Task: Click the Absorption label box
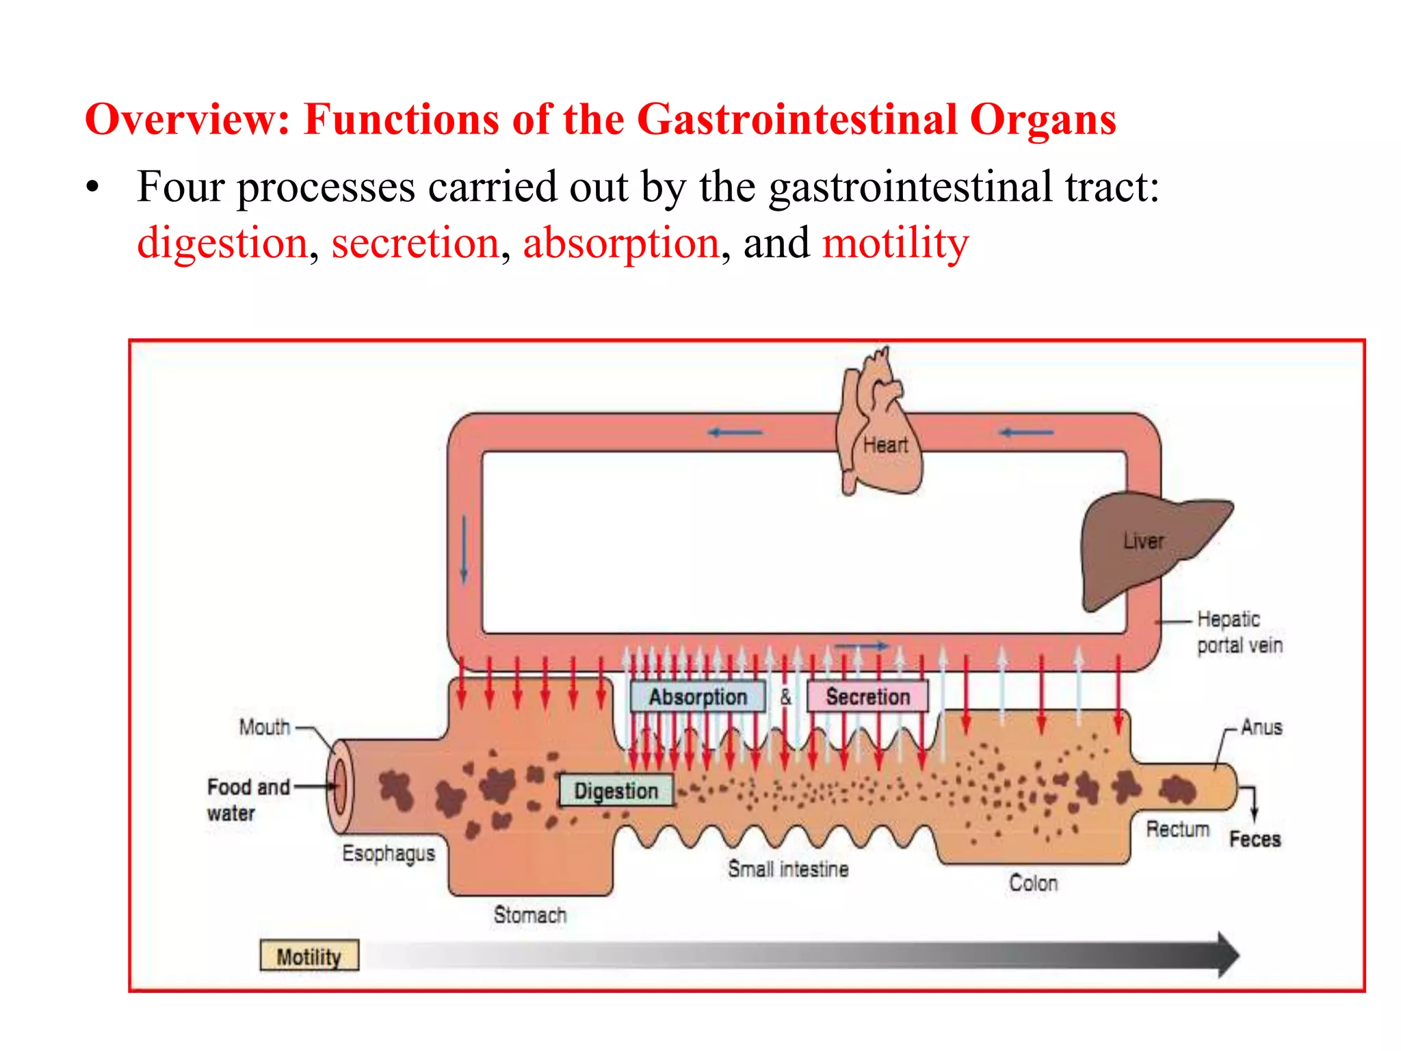(697, 697)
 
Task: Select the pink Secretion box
(867, 697)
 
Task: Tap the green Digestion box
(616, 790)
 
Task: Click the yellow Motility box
(309, 956)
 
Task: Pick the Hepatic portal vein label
(1239, 632)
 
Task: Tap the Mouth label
(265, 727)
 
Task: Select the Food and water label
(248, 799)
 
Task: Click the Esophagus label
(389, 853)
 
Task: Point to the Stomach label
(530, 915)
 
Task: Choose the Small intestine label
(788, 869)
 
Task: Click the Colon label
(1034, 883)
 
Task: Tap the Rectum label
(1178, 829)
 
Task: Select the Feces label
(1255, 839)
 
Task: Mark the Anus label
(1261, 727)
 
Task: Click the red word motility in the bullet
(895, 243)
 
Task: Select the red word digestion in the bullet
(222, 243)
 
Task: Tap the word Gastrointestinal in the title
(797, 120)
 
